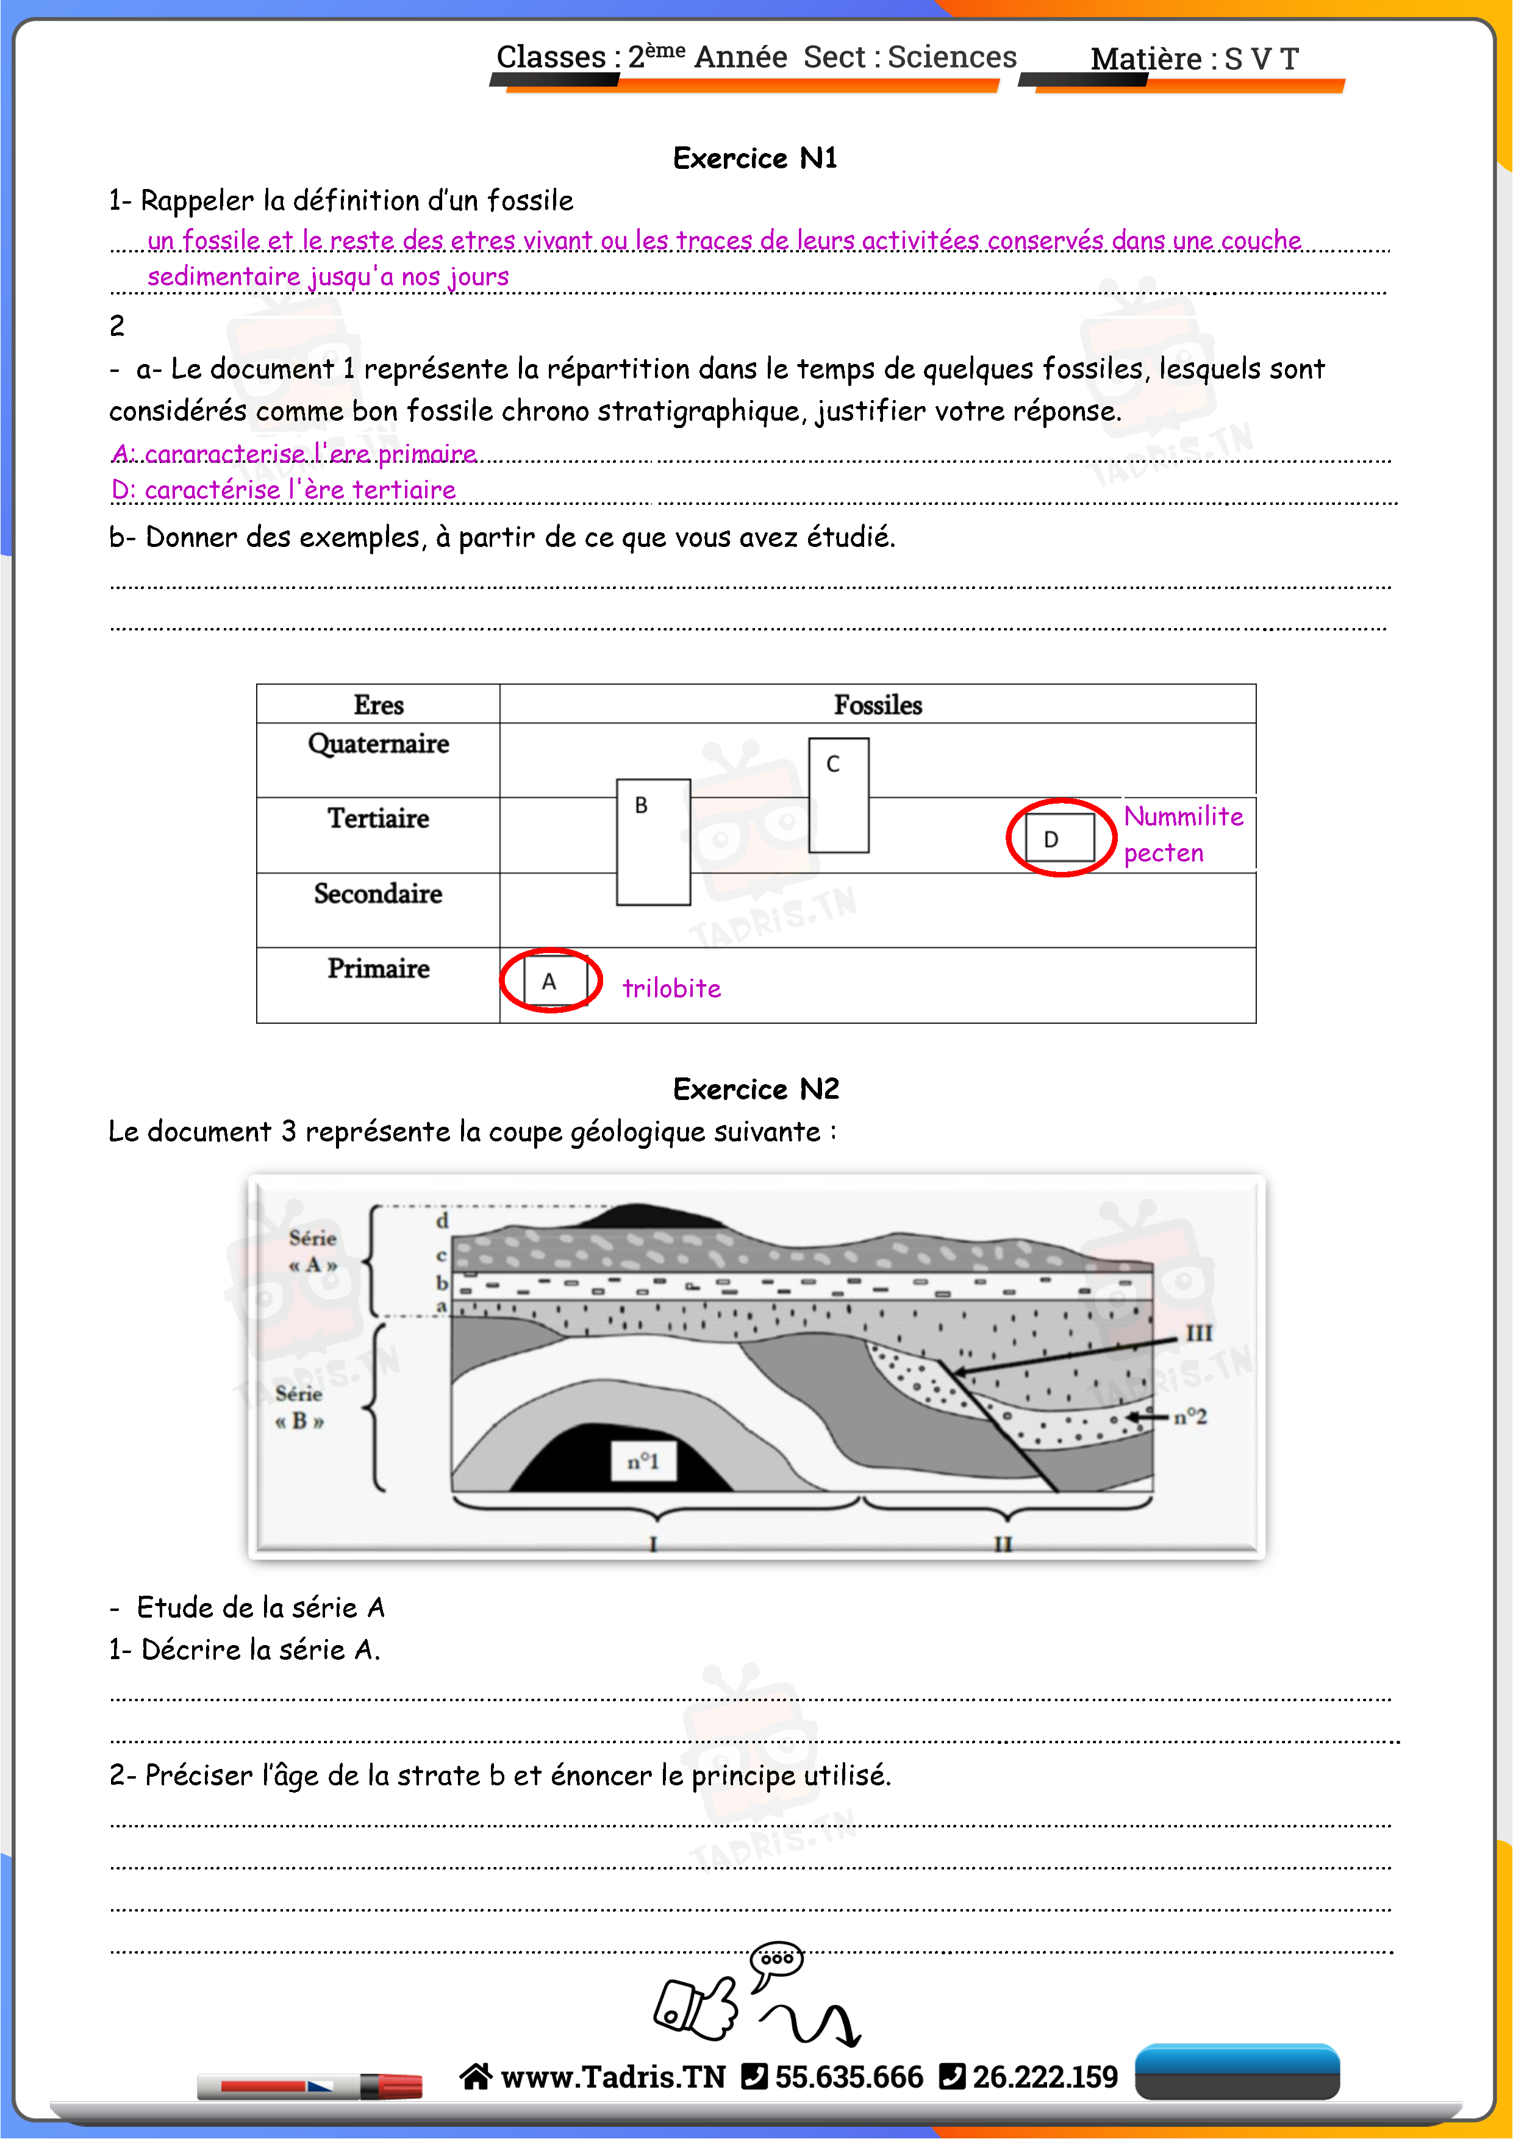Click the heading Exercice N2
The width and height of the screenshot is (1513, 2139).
click(x=756, y=1089)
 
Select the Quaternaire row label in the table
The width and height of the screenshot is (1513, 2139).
click(x=378, y=743)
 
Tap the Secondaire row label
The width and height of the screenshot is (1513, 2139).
click(x=378, y=893)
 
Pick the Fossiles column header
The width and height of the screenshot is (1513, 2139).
click(x=878, y=705)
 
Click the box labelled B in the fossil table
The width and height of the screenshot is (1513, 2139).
click(x=653, y=841)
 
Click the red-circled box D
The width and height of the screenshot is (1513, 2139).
click(x=1061, y=838)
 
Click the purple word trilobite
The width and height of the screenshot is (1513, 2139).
click(x=671, y=988)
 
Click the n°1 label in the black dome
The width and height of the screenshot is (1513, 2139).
click(x=643, y=1461)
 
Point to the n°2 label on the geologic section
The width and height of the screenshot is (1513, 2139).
click(x=1190, y=1417)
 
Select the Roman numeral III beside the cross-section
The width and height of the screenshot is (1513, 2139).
click(x=1198, y=1333)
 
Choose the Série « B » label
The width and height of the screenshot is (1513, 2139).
click(x=299, y=1407)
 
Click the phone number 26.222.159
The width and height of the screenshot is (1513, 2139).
click(x=1045, y=2077)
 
